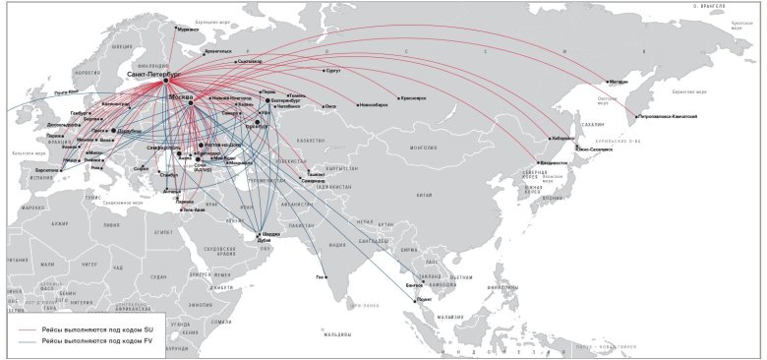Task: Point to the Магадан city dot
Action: click(x=604, y=81)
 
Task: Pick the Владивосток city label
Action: click(x=554, y=163)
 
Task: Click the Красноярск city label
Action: click(x=412, y=97)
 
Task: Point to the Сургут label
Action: click(x=332, y=71)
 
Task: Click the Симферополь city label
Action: click(x=162, y=148)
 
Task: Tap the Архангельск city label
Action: click(x=216, y=50)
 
